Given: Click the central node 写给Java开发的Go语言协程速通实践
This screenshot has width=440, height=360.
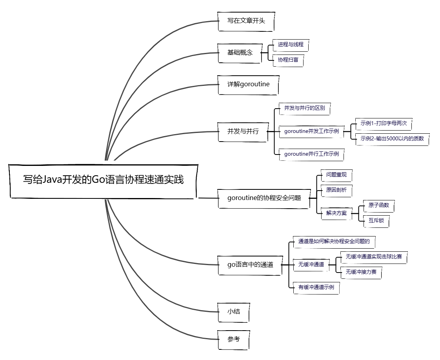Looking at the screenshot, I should pos(103,180).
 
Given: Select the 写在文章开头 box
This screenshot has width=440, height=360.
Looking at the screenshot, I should pos(246,21).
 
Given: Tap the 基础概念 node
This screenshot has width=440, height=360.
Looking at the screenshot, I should pos(240,53).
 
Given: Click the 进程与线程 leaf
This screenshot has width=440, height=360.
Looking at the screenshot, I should pos(291,45).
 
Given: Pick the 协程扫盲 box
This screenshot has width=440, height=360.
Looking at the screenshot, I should pos(288,60).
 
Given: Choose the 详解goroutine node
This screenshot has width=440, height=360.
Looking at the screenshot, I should pos(248,84).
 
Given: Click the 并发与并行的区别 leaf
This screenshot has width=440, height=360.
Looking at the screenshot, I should pos(304,108).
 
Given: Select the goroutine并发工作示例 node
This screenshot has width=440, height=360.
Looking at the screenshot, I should pos(311,131).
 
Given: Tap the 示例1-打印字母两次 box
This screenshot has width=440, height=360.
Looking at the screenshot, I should pos(384,124).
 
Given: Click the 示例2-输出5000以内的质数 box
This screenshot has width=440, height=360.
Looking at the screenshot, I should pos(392,138).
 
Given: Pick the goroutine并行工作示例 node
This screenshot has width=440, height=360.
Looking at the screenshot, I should pos(311,154).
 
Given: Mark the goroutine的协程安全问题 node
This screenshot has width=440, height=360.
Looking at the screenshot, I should pos(264,198).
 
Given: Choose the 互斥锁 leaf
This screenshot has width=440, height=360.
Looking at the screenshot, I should pos(376,221).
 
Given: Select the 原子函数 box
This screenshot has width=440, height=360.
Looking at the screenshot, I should pos(378,205).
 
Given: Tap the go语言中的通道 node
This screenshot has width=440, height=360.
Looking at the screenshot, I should pos(250,265).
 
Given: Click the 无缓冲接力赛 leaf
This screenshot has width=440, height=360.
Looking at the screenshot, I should pos(361,272).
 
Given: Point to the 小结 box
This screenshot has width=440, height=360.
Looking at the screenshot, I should pos(234,312).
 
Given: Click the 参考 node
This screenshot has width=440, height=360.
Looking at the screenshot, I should pos(234,339).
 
